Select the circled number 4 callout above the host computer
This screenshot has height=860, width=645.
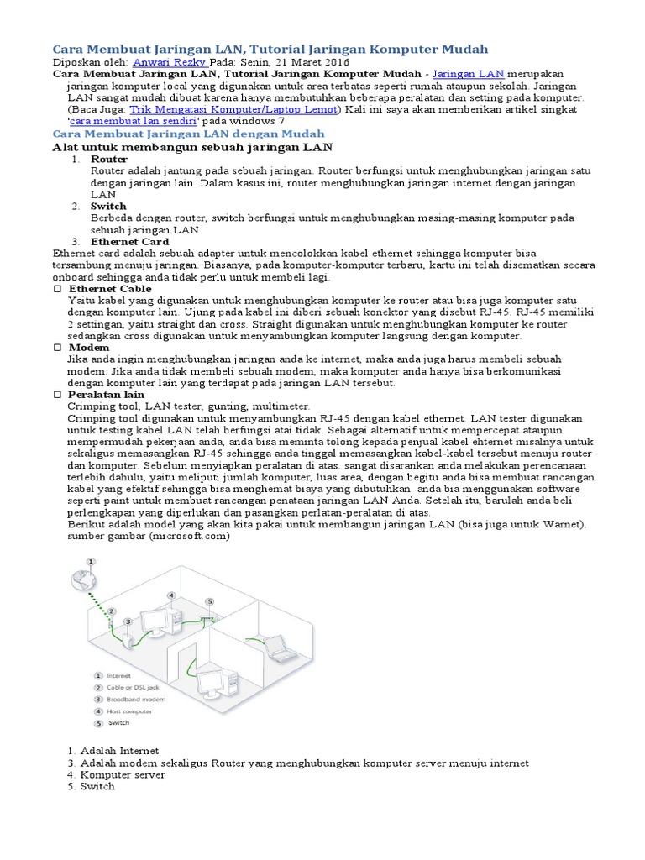(171, 595)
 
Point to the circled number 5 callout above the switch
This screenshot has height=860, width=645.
(209, 601)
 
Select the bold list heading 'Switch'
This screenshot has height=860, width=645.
(108, 206)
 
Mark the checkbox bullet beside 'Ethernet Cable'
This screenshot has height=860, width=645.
(57, 288)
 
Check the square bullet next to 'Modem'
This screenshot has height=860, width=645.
(57, 347)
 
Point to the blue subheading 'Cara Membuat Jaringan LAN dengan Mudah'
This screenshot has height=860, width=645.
(188, 134)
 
